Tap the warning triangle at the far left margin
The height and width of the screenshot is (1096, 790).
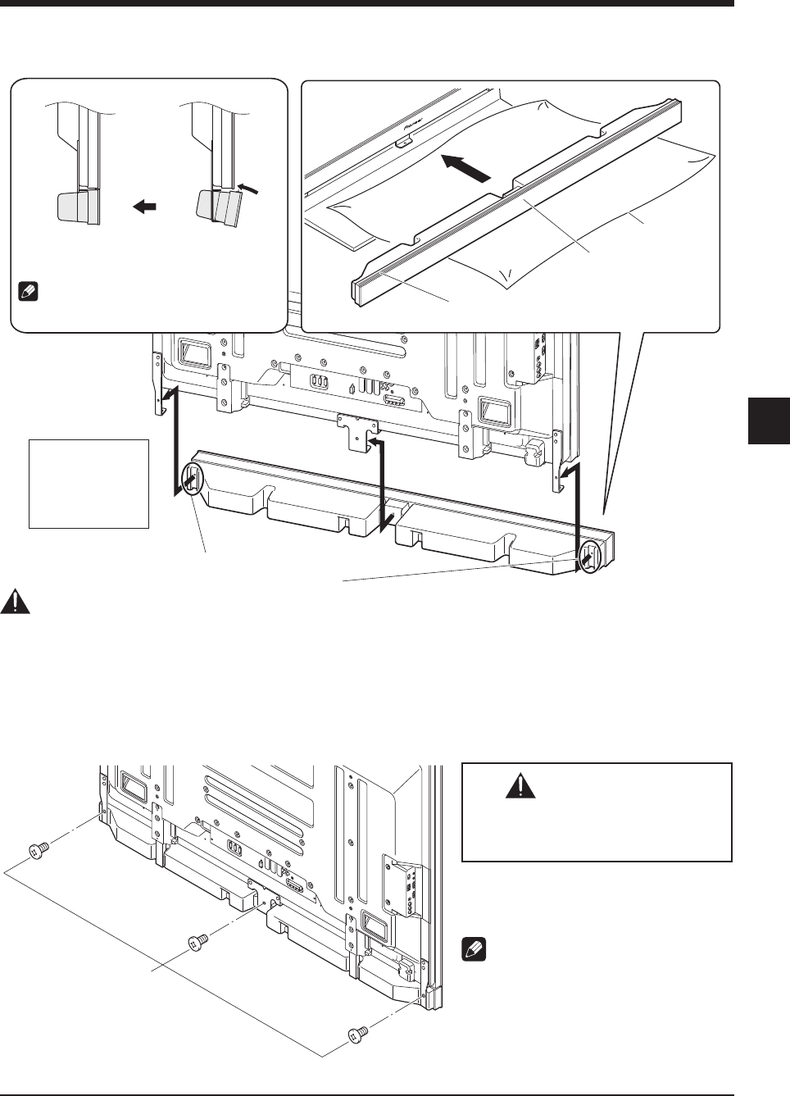tap(15, 603)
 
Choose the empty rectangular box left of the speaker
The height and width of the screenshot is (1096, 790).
tap(89, 484)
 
